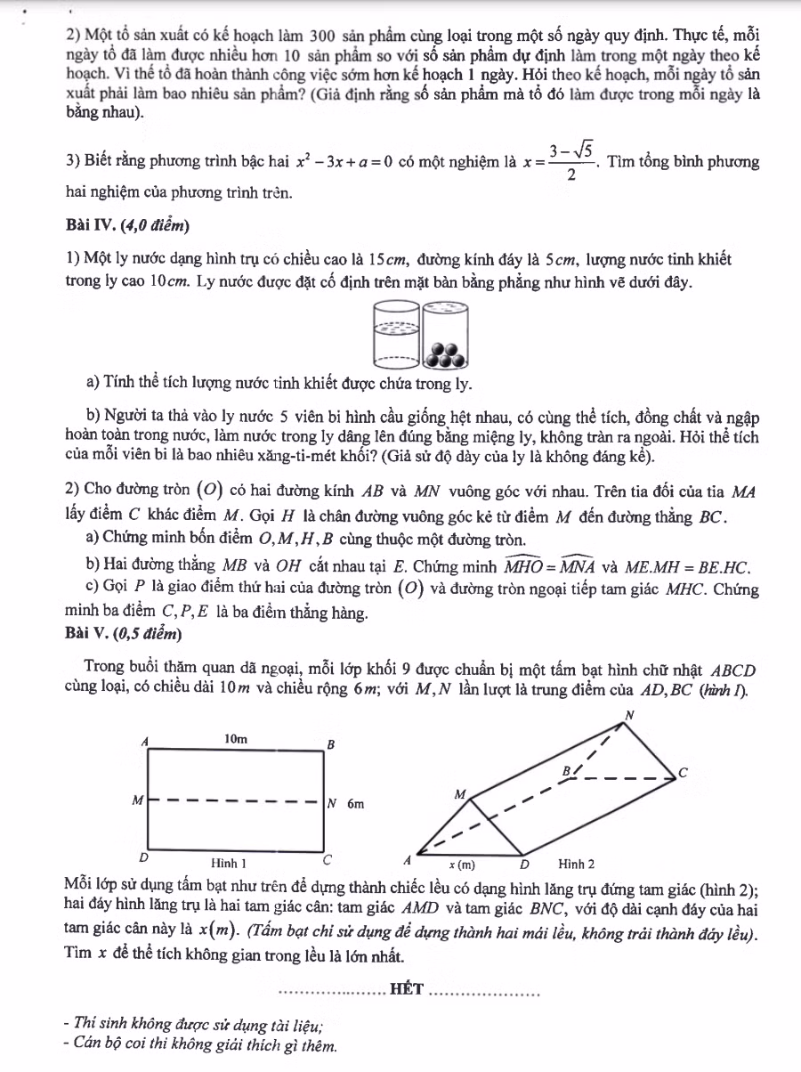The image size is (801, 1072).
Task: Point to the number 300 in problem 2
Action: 321,37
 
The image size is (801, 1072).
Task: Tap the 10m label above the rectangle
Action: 235,739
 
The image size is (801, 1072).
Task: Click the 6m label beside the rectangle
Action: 355,803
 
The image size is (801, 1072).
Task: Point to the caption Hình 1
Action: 229,863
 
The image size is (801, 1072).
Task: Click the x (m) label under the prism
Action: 462,864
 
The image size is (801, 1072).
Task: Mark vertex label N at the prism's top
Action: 630,714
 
